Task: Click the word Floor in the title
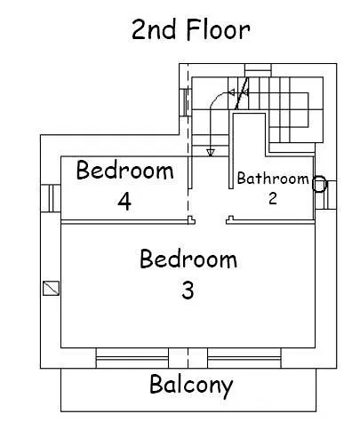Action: pos(219,29)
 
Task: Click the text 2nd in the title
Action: pos(154,29)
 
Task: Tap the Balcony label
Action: pos(191,386)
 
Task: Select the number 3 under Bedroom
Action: pos(188,290)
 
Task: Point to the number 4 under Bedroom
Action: pos(124,202)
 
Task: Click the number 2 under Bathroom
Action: pos(273,198)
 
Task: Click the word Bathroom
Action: pos(273,179)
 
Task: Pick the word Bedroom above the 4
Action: pos(124,170)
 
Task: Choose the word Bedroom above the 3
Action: pos(188,259)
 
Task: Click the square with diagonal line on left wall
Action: pos(51,288)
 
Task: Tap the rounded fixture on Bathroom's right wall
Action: pos(319,184)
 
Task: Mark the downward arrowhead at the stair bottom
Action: pos(211,153)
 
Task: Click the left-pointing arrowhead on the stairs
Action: pos(231,92)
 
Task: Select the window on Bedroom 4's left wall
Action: pos(51,198)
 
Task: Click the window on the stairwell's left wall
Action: pos(185,102)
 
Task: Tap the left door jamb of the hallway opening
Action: pos(191,220)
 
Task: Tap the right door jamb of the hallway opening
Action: pos(230,220)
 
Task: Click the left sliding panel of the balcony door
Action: pos(132,358)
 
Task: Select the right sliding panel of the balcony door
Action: pos(244,358)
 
